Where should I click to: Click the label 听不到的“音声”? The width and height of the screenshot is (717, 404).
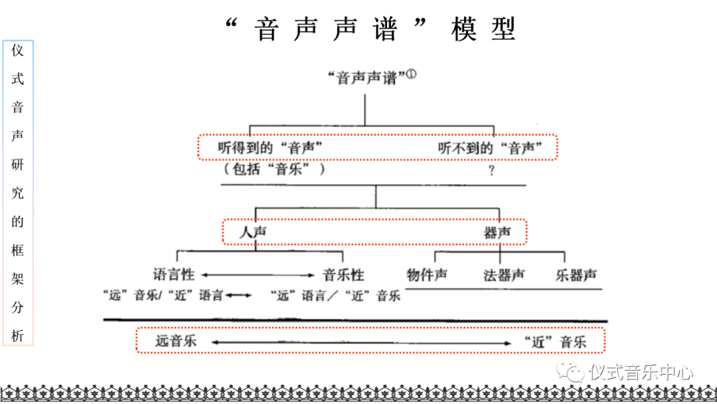495,148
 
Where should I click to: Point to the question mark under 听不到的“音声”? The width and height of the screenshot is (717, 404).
492,171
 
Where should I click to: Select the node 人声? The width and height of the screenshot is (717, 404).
253,232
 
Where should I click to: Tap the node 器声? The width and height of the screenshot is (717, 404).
497,232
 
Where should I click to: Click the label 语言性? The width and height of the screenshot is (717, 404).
175,274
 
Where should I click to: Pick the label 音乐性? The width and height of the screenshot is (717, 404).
343,274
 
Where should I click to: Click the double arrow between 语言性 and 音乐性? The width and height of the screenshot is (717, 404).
258,275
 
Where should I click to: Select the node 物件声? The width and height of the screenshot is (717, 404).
427,275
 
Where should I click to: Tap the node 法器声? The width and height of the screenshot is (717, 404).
504,275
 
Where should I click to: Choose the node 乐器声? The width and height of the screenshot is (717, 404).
576,275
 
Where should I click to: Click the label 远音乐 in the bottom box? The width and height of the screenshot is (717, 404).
176,342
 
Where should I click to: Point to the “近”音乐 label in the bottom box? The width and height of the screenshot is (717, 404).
554,342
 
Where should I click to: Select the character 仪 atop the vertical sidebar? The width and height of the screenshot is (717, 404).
18,51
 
